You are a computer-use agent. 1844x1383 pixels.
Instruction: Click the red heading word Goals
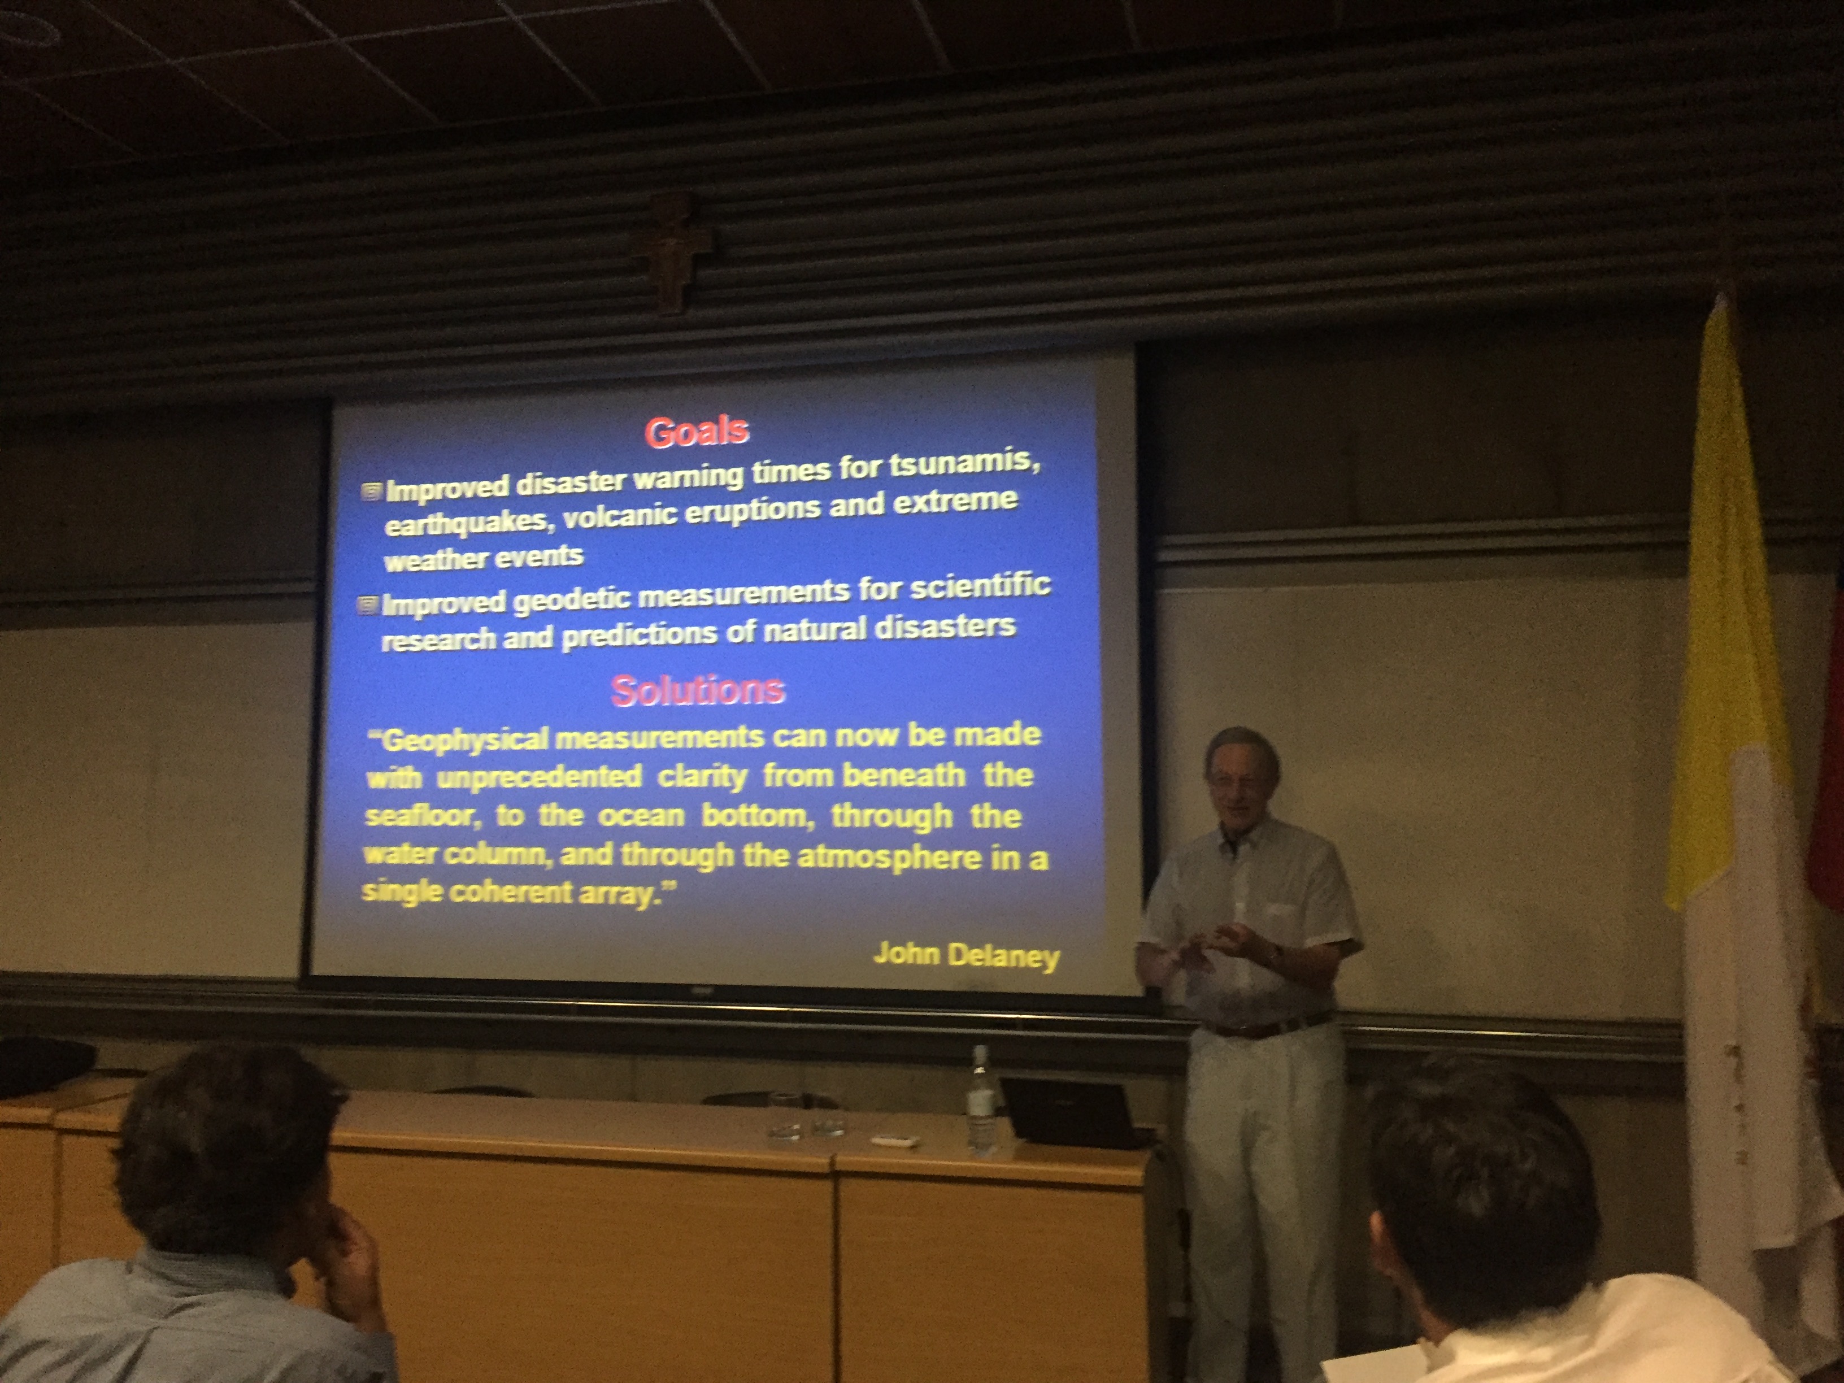pos(697,432)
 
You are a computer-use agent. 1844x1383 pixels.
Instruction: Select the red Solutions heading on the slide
pos(698,690)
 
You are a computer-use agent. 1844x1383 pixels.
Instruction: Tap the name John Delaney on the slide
pos(966,955)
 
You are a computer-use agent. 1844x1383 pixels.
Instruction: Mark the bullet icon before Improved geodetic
pos(368,605)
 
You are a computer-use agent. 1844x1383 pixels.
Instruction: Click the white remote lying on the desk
pos(894,1140)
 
